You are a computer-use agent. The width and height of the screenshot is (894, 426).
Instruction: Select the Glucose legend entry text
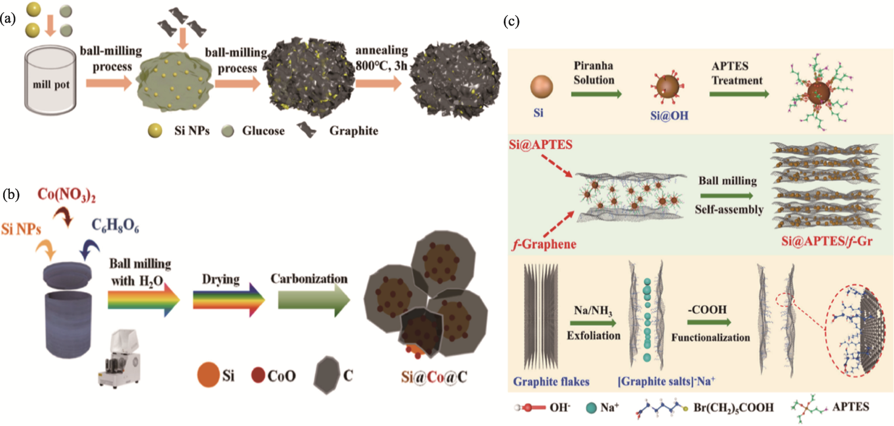click(x=263, y=131)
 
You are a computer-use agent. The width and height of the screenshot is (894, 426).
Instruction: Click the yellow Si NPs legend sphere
click(x=155, y=130)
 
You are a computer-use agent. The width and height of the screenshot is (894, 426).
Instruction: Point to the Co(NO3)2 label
click(x=67, y=195)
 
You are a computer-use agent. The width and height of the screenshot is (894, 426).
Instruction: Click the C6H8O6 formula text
click(x=115, y=226)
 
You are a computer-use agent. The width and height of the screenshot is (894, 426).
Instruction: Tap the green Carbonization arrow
click(x=314, y=300)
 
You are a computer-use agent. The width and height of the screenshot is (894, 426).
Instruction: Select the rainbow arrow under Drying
click(x=229, y=300)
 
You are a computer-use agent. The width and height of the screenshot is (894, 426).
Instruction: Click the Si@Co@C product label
click(x=434, y=376)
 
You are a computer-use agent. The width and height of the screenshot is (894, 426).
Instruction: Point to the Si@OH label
click(x=669, y=115)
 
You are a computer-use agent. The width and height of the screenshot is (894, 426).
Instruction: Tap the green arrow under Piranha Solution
click(x=596, y=94)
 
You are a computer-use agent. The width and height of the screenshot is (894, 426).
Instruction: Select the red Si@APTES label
click(x=540, y=144)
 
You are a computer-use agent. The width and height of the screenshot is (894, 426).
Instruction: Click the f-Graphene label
click(x=544, y=244)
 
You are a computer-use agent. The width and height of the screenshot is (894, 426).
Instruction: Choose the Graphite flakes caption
click(x=551, y=382)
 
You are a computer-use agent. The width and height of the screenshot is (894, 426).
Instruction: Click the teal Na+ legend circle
click(x=591, y=408)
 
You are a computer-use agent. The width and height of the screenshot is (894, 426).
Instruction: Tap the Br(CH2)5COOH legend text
click(x=734, y=408)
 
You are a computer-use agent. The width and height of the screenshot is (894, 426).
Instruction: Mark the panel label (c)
click(x=511, y=21)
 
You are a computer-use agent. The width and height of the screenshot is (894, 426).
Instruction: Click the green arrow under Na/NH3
click(x=593, y=323)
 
